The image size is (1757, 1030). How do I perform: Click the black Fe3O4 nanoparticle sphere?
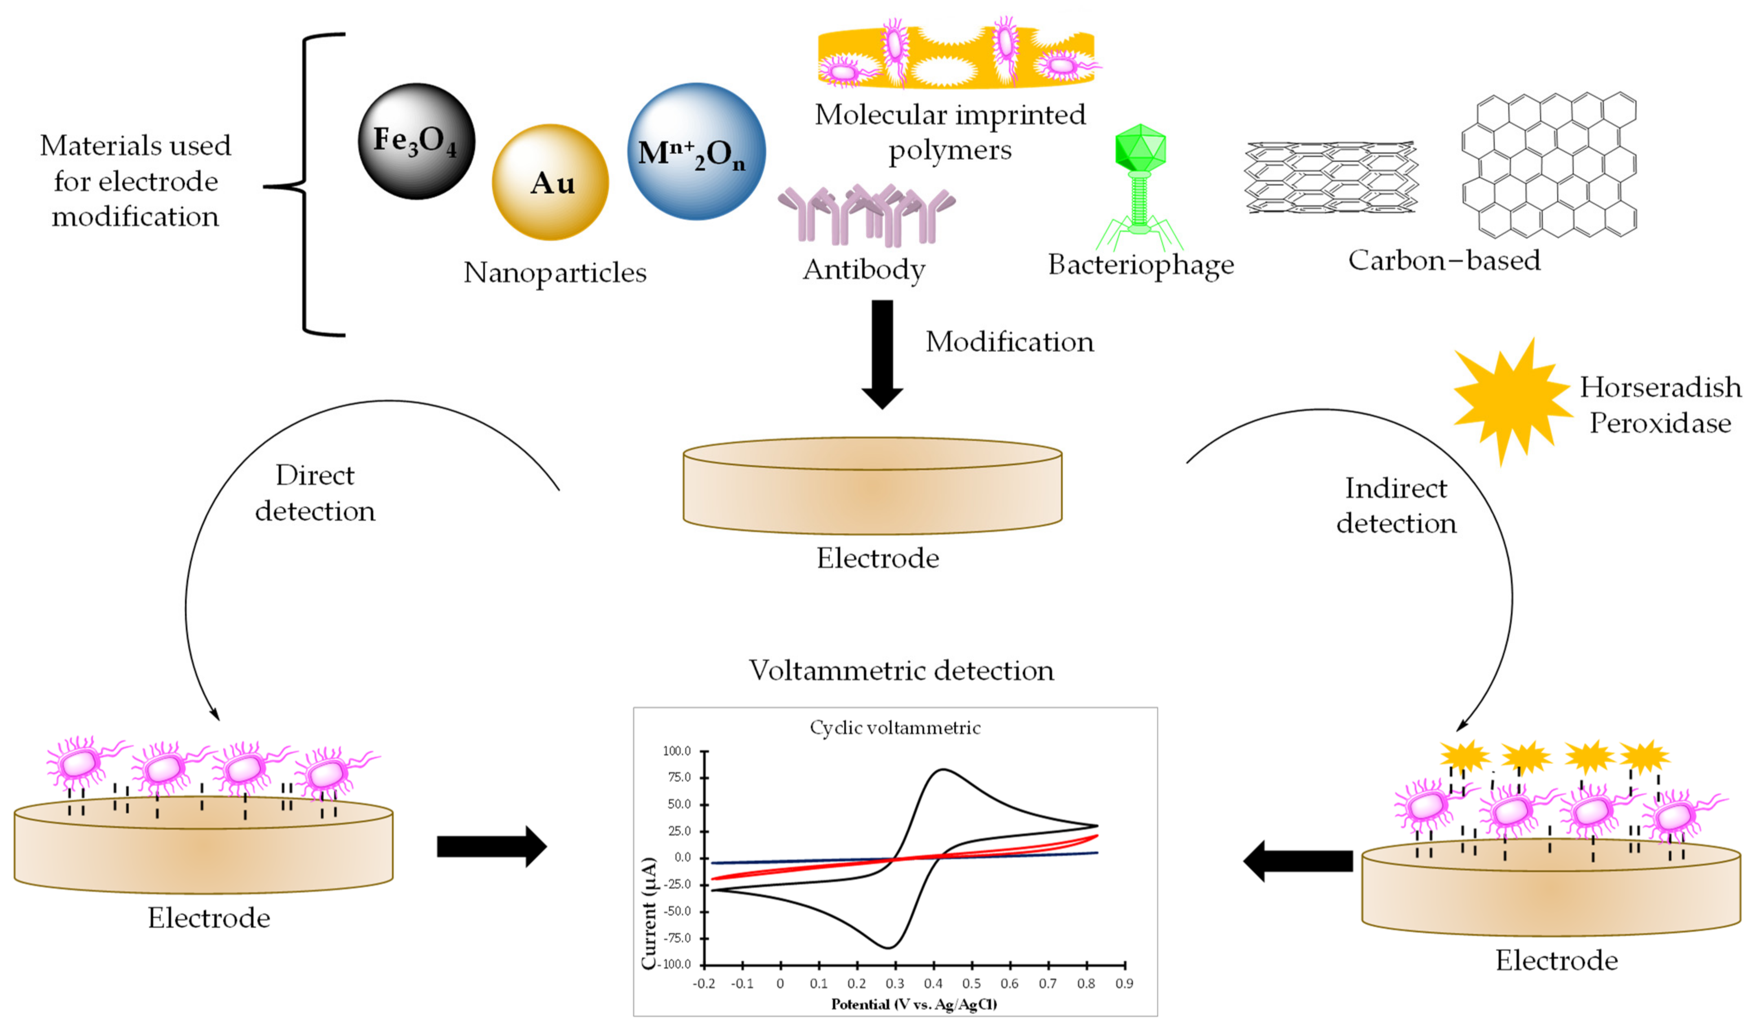[416, 141]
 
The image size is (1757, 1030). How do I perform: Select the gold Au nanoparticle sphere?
[550, 183]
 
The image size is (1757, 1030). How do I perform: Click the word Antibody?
[864, 270]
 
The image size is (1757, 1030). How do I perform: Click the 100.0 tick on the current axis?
[676, 751]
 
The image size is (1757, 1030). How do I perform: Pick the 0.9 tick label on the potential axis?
[1124, 984]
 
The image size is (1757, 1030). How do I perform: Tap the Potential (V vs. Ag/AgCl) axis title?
[914, 1004]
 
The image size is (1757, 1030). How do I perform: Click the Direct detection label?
[315, 493]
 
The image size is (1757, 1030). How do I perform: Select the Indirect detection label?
[1396, 506]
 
